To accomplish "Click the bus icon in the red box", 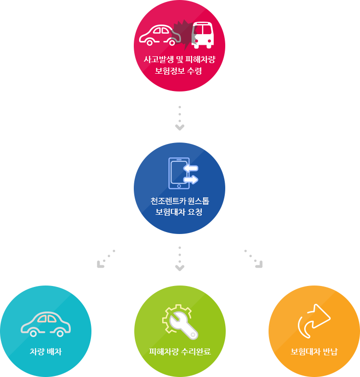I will pyautogui.click(x=203, y=35).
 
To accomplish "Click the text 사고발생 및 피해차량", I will pyautogui.click(x=179, y=60).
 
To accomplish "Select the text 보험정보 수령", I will pyautogui.click(x=179, y=71).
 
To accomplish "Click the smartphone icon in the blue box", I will pyautogui.click(x=178, y=173).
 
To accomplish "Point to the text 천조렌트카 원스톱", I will pyautogui.click(x=179, y=200).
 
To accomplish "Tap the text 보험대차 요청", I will pyautogui.click(x=179, y=212).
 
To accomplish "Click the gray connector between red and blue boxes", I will pyautogui.click(x=180, y=118).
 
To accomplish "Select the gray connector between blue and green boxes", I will pyautogui.click(x=180, y=259).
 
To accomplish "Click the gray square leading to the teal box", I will pyautogui.click(x=106, y=259).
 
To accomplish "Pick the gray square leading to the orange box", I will pyautogui.click(x=253, y=259).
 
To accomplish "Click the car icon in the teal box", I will pyautogui.click(x=46, y=324).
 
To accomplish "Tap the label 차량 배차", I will pyautogui.click(x=46, y=352).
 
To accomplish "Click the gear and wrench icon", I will pyautogui.click(x=180, y=321).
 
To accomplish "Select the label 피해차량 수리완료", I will pyautogui.click(x=180, y=352).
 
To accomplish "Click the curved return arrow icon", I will pyautogui.click(x=314, y=321).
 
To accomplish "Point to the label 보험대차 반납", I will pyautogui.click(x=314, y=352).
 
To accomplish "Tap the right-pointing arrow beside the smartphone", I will pyautogui.click(x=191, y=180).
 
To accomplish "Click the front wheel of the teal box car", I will pyautogui.click(x=33, y=333).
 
